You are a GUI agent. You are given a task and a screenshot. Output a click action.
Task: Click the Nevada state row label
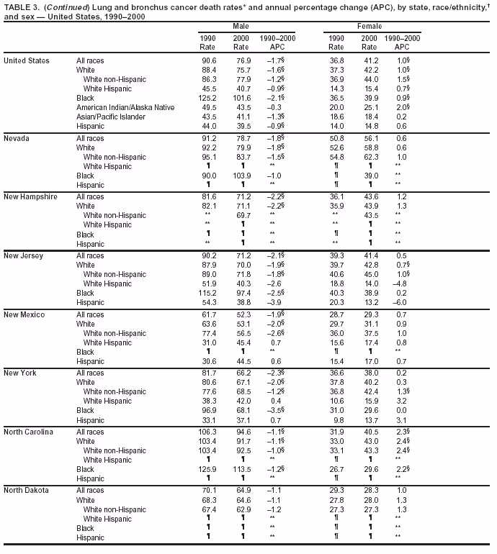pos(17,138)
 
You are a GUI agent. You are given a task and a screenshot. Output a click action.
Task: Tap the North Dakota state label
pos(27,490)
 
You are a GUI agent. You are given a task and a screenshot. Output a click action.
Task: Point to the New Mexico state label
pos(24,314)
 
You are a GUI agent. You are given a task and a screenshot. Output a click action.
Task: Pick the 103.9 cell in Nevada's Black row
pos(241,176)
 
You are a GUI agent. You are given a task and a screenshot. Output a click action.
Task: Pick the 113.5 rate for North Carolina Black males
pos(241,470)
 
